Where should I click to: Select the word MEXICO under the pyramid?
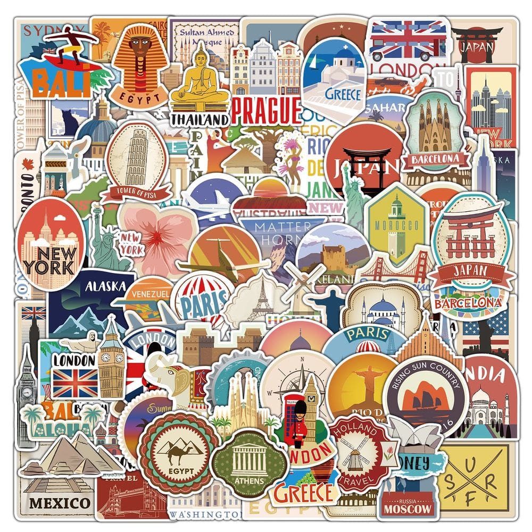point(60,502)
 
